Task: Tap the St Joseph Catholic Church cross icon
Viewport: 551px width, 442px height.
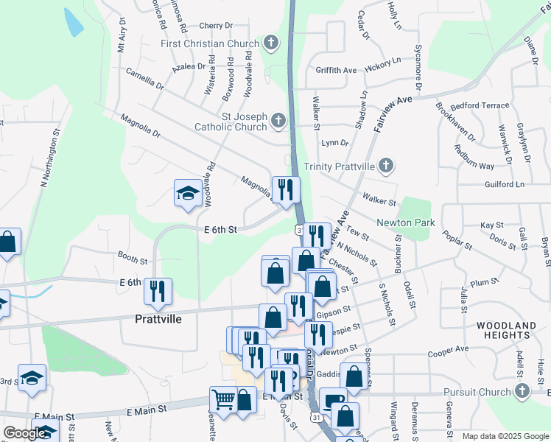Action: point(278,120)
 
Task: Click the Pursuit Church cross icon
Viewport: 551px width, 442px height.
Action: point(522,391)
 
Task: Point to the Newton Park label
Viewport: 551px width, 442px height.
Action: point(406,222)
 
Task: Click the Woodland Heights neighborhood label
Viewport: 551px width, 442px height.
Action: point(512,330)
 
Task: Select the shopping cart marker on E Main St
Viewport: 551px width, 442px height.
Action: point(224,399)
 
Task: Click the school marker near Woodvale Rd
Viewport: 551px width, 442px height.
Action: point(188,194)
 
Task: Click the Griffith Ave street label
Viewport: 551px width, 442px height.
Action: point(336,70)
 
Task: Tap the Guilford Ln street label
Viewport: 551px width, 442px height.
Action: point(504,183)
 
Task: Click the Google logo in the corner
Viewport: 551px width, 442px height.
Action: point(24,434)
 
